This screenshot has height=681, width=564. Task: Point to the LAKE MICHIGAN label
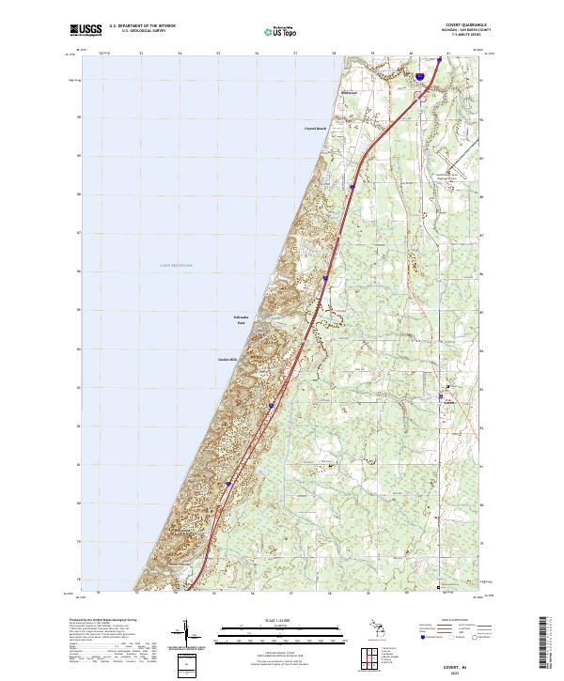click(175, 266)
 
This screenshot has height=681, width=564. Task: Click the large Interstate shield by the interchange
click(419, 67)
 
